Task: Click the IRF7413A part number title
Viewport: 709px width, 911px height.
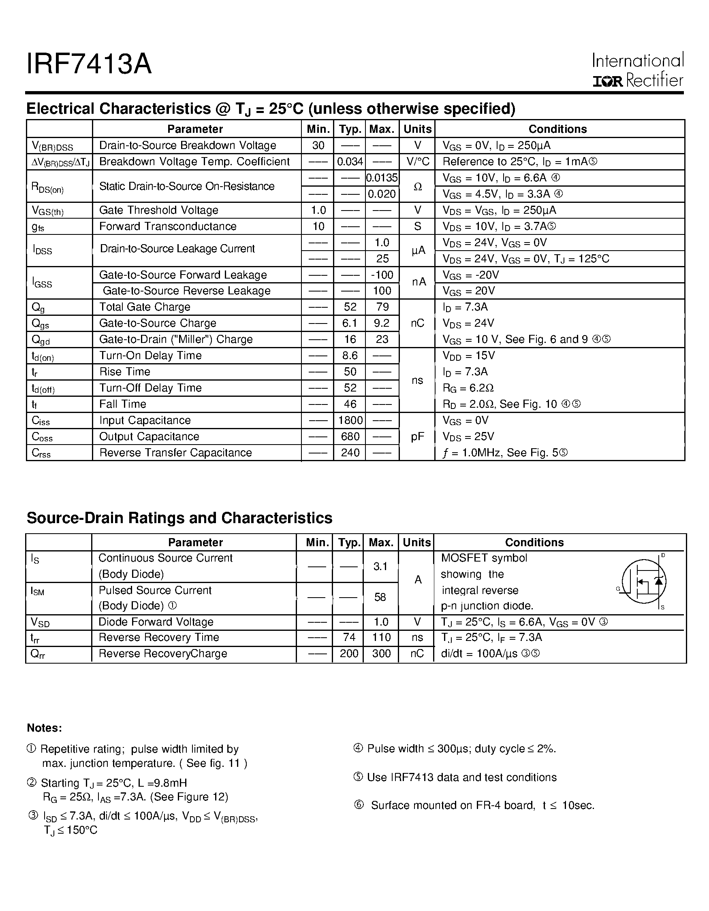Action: click(89, 65)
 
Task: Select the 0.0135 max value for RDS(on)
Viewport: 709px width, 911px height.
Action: click(382, 178)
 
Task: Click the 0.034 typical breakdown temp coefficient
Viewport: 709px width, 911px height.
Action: click(350, 162)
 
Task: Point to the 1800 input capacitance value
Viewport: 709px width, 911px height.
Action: click(350, 420)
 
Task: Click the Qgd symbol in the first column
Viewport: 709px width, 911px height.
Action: click(41, 340)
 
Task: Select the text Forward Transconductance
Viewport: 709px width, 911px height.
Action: click(168, 226)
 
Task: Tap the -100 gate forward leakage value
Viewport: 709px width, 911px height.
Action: click(382, 275)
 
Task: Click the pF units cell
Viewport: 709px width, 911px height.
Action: click(417, 437)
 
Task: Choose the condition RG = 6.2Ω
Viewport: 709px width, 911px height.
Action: click(468, 388)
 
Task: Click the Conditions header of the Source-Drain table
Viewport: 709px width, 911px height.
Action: click(534, 542)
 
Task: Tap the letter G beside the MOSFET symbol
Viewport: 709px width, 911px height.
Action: click(618, 589)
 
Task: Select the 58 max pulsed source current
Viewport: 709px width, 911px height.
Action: click(380, 597)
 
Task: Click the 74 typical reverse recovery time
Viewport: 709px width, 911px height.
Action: click(349, 637)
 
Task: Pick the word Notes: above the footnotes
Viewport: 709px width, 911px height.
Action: click(44, 728)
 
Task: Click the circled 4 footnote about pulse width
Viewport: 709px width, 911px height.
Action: click(358, 749)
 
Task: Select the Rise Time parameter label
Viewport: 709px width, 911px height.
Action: click(124, 372)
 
